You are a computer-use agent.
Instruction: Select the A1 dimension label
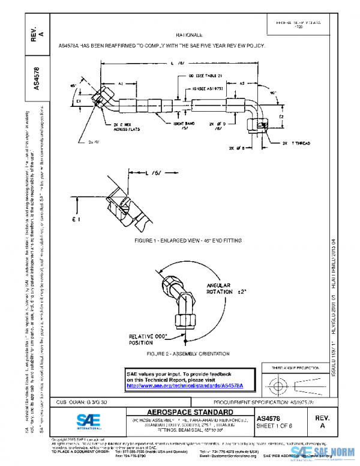[x=121, y=84]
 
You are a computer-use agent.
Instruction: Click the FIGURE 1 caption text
[x=188, y=240]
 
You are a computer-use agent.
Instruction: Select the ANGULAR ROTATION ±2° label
[x=227, y=289]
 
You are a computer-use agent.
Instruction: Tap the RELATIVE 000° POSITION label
[x=148, y=339]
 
